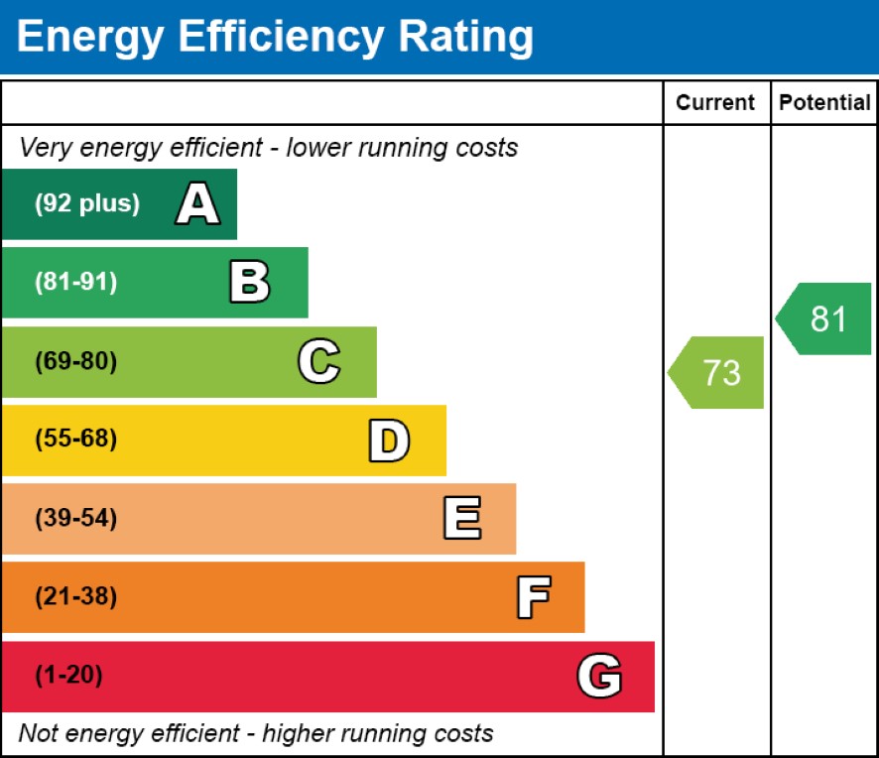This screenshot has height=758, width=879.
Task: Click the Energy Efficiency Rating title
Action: pos(275,38)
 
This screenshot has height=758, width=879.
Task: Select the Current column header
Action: pos(715,102)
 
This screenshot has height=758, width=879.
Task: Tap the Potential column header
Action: pos(824,102)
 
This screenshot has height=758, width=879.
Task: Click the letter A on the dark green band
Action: pos(197,204)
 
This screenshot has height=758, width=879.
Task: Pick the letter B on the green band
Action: pos(249,283)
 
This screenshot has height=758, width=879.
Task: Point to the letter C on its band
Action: pos(319,361)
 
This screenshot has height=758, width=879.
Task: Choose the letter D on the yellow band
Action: pos(389,441)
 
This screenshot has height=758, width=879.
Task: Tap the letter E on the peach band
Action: pos(462,519)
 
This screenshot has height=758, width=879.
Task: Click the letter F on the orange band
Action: pos(533,597)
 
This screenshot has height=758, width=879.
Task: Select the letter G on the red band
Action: pos(599,677)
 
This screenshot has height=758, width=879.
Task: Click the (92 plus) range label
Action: pos(87,204)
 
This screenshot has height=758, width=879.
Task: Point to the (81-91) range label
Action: pos(75,283)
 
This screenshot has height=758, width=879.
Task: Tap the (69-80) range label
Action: pos(75,361)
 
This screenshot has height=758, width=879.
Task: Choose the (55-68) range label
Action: pos(75,440)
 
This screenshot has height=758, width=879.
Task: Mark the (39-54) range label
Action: pos(75,519)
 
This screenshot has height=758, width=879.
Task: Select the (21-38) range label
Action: pos(75,597)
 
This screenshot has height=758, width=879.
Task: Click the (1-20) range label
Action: pos(68,677)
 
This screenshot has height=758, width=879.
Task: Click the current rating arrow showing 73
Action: pos(718,372)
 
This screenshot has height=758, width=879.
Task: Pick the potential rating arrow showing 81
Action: pos(825,318)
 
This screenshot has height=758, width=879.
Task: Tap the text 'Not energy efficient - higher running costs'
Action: pos(256,734)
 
